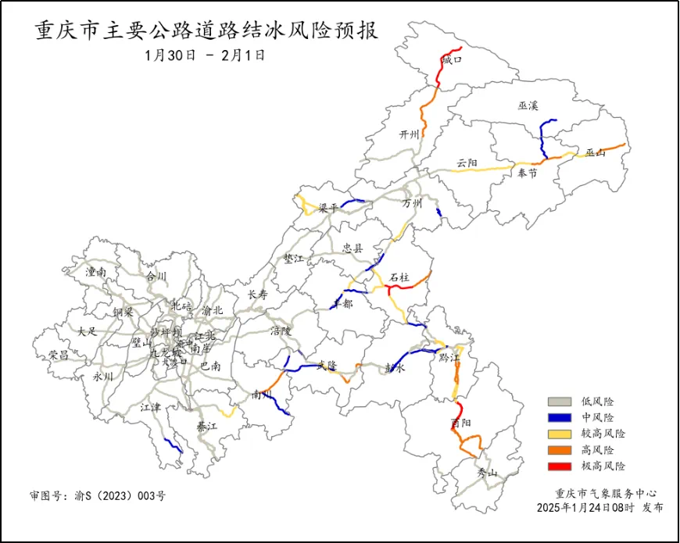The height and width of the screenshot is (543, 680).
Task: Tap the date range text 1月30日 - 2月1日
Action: tap(206, 55)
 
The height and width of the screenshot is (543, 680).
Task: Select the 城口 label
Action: tap(452, 59)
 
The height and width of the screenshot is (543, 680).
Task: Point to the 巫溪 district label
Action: tap(528, 105)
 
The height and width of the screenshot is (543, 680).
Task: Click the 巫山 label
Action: tap(596, 152)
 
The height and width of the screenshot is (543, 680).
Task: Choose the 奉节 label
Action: tap(528, 174)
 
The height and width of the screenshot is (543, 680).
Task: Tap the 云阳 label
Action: tap(467, 163)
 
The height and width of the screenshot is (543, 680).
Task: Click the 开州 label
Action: tap(410, 134)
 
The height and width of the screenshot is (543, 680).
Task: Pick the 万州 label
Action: tap(412, 203)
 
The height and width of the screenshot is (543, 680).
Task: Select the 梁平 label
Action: tap(328, 209)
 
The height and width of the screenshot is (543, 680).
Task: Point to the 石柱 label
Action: tap(399, 277)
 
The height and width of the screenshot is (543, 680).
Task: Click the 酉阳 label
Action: tap(461, 423)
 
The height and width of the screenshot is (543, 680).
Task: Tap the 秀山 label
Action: tap(487, 472)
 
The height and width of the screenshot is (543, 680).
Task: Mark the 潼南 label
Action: tap(96, 272)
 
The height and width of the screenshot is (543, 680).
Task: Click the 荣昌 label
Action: tap(59, 354)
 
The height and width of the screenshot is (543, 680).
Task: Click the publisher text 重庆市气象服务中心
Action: tap(606, 494)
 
